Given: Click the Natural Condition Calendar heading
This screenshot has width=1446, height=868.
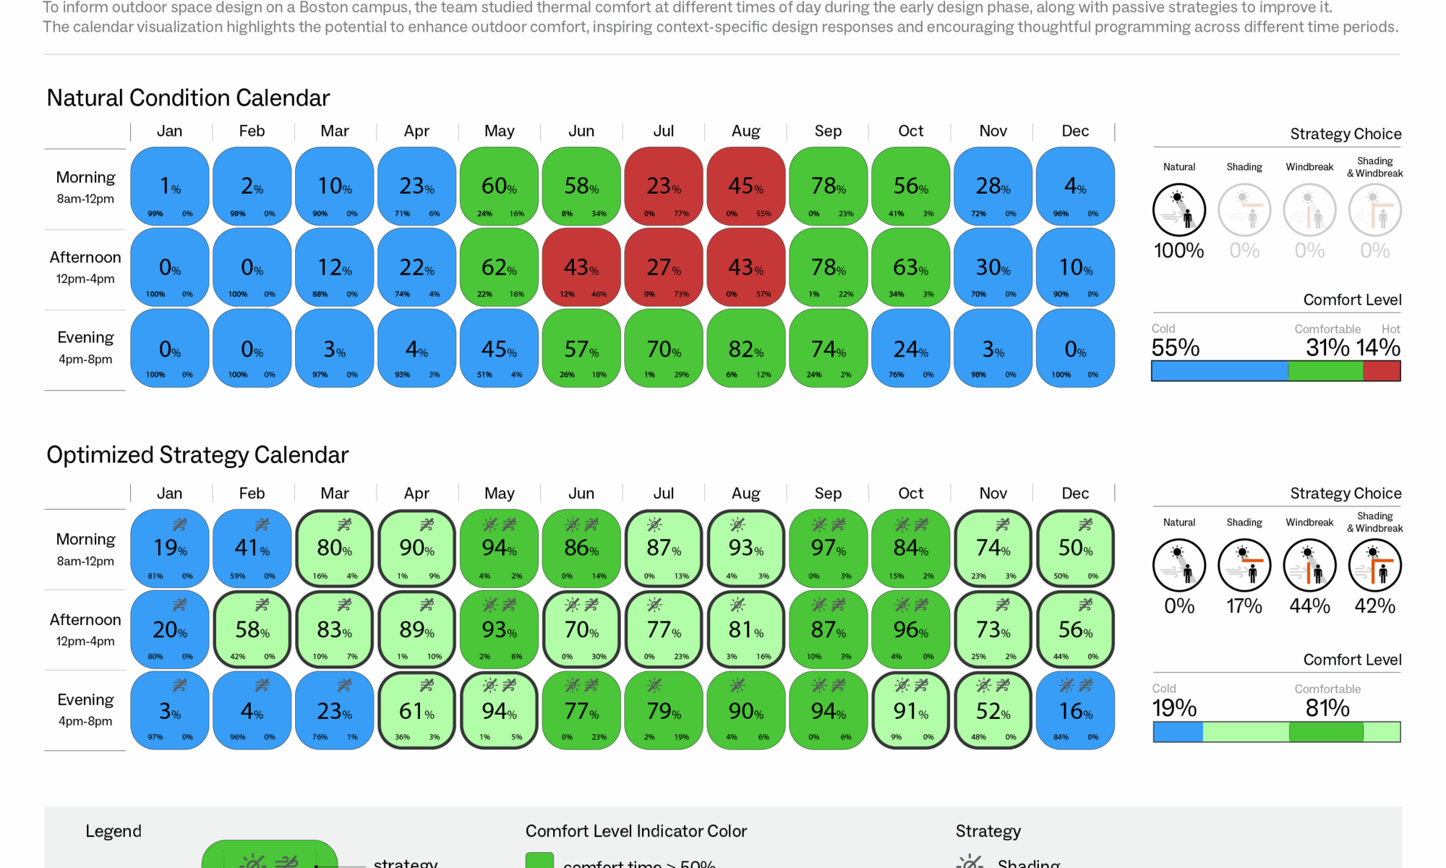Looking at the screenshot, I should tap(188, 98).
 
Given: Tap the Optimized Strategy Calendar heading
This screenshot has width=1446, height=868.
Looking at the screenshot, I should tap(197, 455).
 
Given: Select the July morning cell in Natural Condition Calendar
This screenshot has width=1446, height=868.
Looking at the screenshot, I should tap(664, 187).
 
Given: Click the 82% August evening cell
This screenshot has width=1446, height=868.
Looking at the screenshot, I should tap(746, 349).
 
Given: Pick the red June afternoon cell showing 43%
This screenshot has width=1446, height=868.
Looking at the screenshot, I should tap(581, 268).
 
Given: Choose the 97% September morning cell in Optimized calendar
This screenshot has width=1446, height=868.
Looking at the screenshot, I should tap(829, 548).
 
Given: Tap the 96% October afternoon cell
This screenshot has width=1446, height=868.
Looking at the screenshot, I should tap(911, 629).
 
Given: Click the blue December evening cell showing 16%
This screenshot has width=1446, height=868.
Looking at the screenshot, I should tap(1076, 711).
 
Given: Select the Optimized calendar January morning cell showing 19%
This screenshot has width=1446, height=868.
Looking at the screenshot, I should tap(170, 548).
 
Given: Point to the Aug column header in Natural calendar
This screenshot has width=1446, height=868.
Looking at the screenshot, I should tap(746, 131).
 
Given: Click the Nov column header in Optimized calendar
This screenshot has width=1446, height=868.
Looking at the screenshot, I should tap(993, 493).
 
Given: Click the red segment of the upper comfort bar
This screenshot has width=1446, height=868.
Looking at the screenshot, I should tap(1382, 371).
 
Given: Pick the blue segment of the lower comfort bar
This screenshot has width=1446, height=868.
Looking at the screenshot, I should tap(1178, 732).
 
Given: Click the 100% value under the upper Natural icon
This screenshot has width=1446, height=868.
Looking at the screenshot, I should tap(1179, 251).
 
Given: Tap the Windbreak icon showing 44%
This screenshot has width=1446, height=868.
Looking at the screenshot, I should tap(1309, 566).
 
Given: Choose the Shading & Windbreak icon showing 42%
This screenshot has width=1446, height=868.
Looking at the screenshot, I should tap(1375, 566).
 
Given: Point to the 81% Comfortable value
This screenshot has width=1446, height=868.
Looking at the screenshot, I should tap(1327, 708).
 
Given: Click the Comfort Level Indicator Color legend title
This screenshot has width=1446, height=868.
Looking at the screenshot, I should tap(636, 831).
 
